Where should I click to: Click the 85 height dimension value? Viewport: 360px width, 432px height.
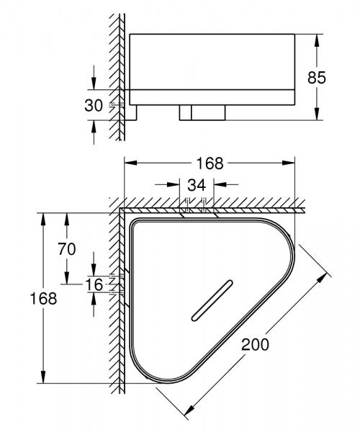pos(338,76)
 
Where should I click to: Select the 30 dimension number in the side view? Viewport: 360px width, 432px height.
pos(94,106)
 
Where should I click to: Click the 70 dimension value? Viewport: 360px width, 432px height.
pos(66,250)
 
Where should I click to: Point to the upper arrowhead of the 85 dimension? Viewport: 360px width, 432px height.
pos(317,37)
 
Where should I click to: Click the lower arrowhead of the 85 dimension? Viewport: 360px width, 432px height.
pos(317,116)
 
